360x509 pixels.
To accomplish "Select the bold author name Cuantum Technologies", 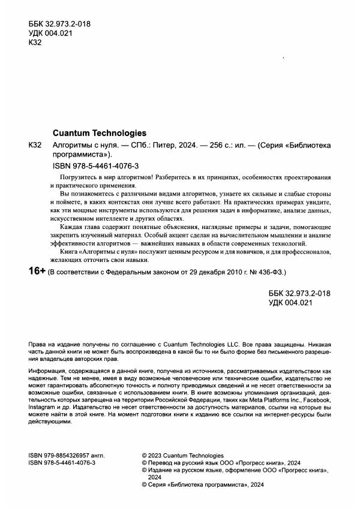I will pyautogui.click(x=100, y=133).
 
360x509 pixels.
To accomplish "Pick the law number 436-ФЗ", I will pyautogui.click(x=270, y=272).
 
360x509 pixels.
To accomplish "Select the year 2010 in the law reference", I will pyautogui.click(x=216, y=272).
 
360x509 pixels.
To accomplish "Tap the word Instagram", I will pyautogui.click(x=44, y=406).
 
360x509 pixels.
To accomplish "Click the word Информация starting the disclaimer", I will pyautogui.click(x=50, y=372).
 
